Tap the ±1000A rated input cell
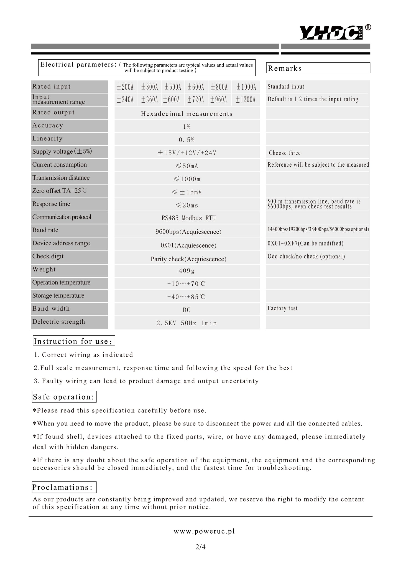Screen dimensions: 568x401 pyautogui.click(x=246, y=87)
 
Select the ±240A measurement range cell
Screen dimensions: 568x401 pyautogui.click(x=125, y=100)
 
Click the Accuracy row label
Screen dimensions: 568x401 pyautogui.click(x=48, y=125)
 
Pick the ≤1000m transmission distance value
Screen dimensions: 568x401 pyautogui.click(x=187, y=179)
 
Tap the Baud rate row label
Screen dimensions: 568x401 pyautogui.click(x=45, y=230)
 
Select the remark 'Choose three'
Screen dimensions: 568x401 pyautogui.click(x=285, y=153)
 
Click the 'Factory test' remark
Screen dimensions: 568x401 pyautogui.click(x=282, y=308)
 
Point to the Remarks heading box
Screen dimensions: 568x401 pyautogui.click(x=318, y=68)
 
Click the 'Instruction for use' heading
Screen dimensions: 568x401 pyautogui.click(x=74, y=341)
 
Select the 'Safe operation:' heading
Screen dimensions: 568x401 pyautogui.click(x=64, y=397)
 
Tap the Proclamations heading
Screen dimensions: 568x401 pyautogui.click(x=64, y=487)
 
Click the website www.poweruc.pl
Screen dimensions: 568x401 pyautogui.click(x=204, y=531)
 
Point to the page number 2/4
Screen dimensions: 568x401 pyautogui.click(x=200, y=547)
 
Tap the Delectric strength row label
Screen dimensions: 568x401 pyautogui.click(x=59, y=322)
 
